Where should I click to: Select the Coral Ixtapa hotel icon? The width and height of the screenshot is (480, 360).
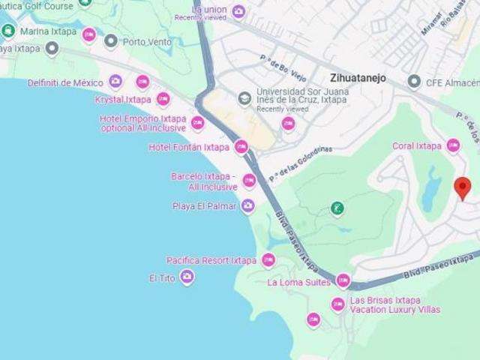pyautogui.click(x=453, y=145)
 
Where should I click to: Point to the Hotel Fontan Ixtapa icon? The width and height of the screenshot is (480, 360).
pyautogui.click(x=241, y=147)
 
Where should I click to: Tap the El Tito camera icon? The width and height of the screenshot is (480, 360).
pyautogui.click(x=187, y=278)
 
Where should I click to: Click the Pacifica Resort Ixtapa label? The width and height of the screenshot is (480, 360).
pyautogui.click(x=211, y=261)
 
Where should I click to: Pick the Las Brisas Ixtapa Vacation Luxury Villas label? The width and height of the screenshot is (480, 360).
pyautogui.click(x=395, y=304)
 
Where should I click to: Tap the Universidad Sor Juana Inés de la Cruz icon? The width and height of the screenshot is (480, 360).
pyautogui.click(x=243, y=98)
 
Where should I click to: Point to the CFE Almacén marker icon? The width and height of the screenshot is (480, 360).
pyautogui.click(x=412, y=82)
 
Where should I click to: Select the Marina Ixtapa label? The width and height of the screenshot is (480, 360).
pyautogui.click(x=49, y=32)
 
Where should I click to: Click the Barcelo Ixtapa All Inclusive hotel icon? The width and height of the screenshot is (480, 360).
pyautogui.click(x=249, y=181)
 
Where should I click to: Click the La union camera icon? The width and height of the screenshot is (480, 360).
pyautogui.click(x=238, y=10)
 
